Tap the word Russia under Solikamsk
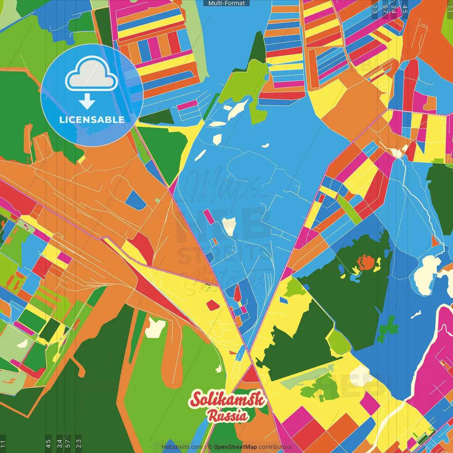[x=227, y=415]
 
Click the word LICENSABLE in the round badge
[x=92, y=120]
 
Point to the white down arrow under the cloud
[x=87, y=101]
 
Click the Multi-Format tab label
[x=226, y=3]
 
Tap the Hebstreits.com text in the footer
[x=182, y=447]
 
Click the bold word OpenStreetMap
[x=235, y=447]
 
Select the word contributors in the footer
[x=275, y=447]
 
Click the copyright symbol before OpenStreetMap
[x=210, y=447]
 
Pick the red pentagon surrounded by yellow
[x=213, y=305]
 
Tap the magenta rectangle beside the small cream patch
[x=209, y=217]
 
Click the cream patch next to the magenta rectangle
[x=229, y=226]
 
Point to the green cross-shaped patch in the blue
[x=388, y=327]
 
